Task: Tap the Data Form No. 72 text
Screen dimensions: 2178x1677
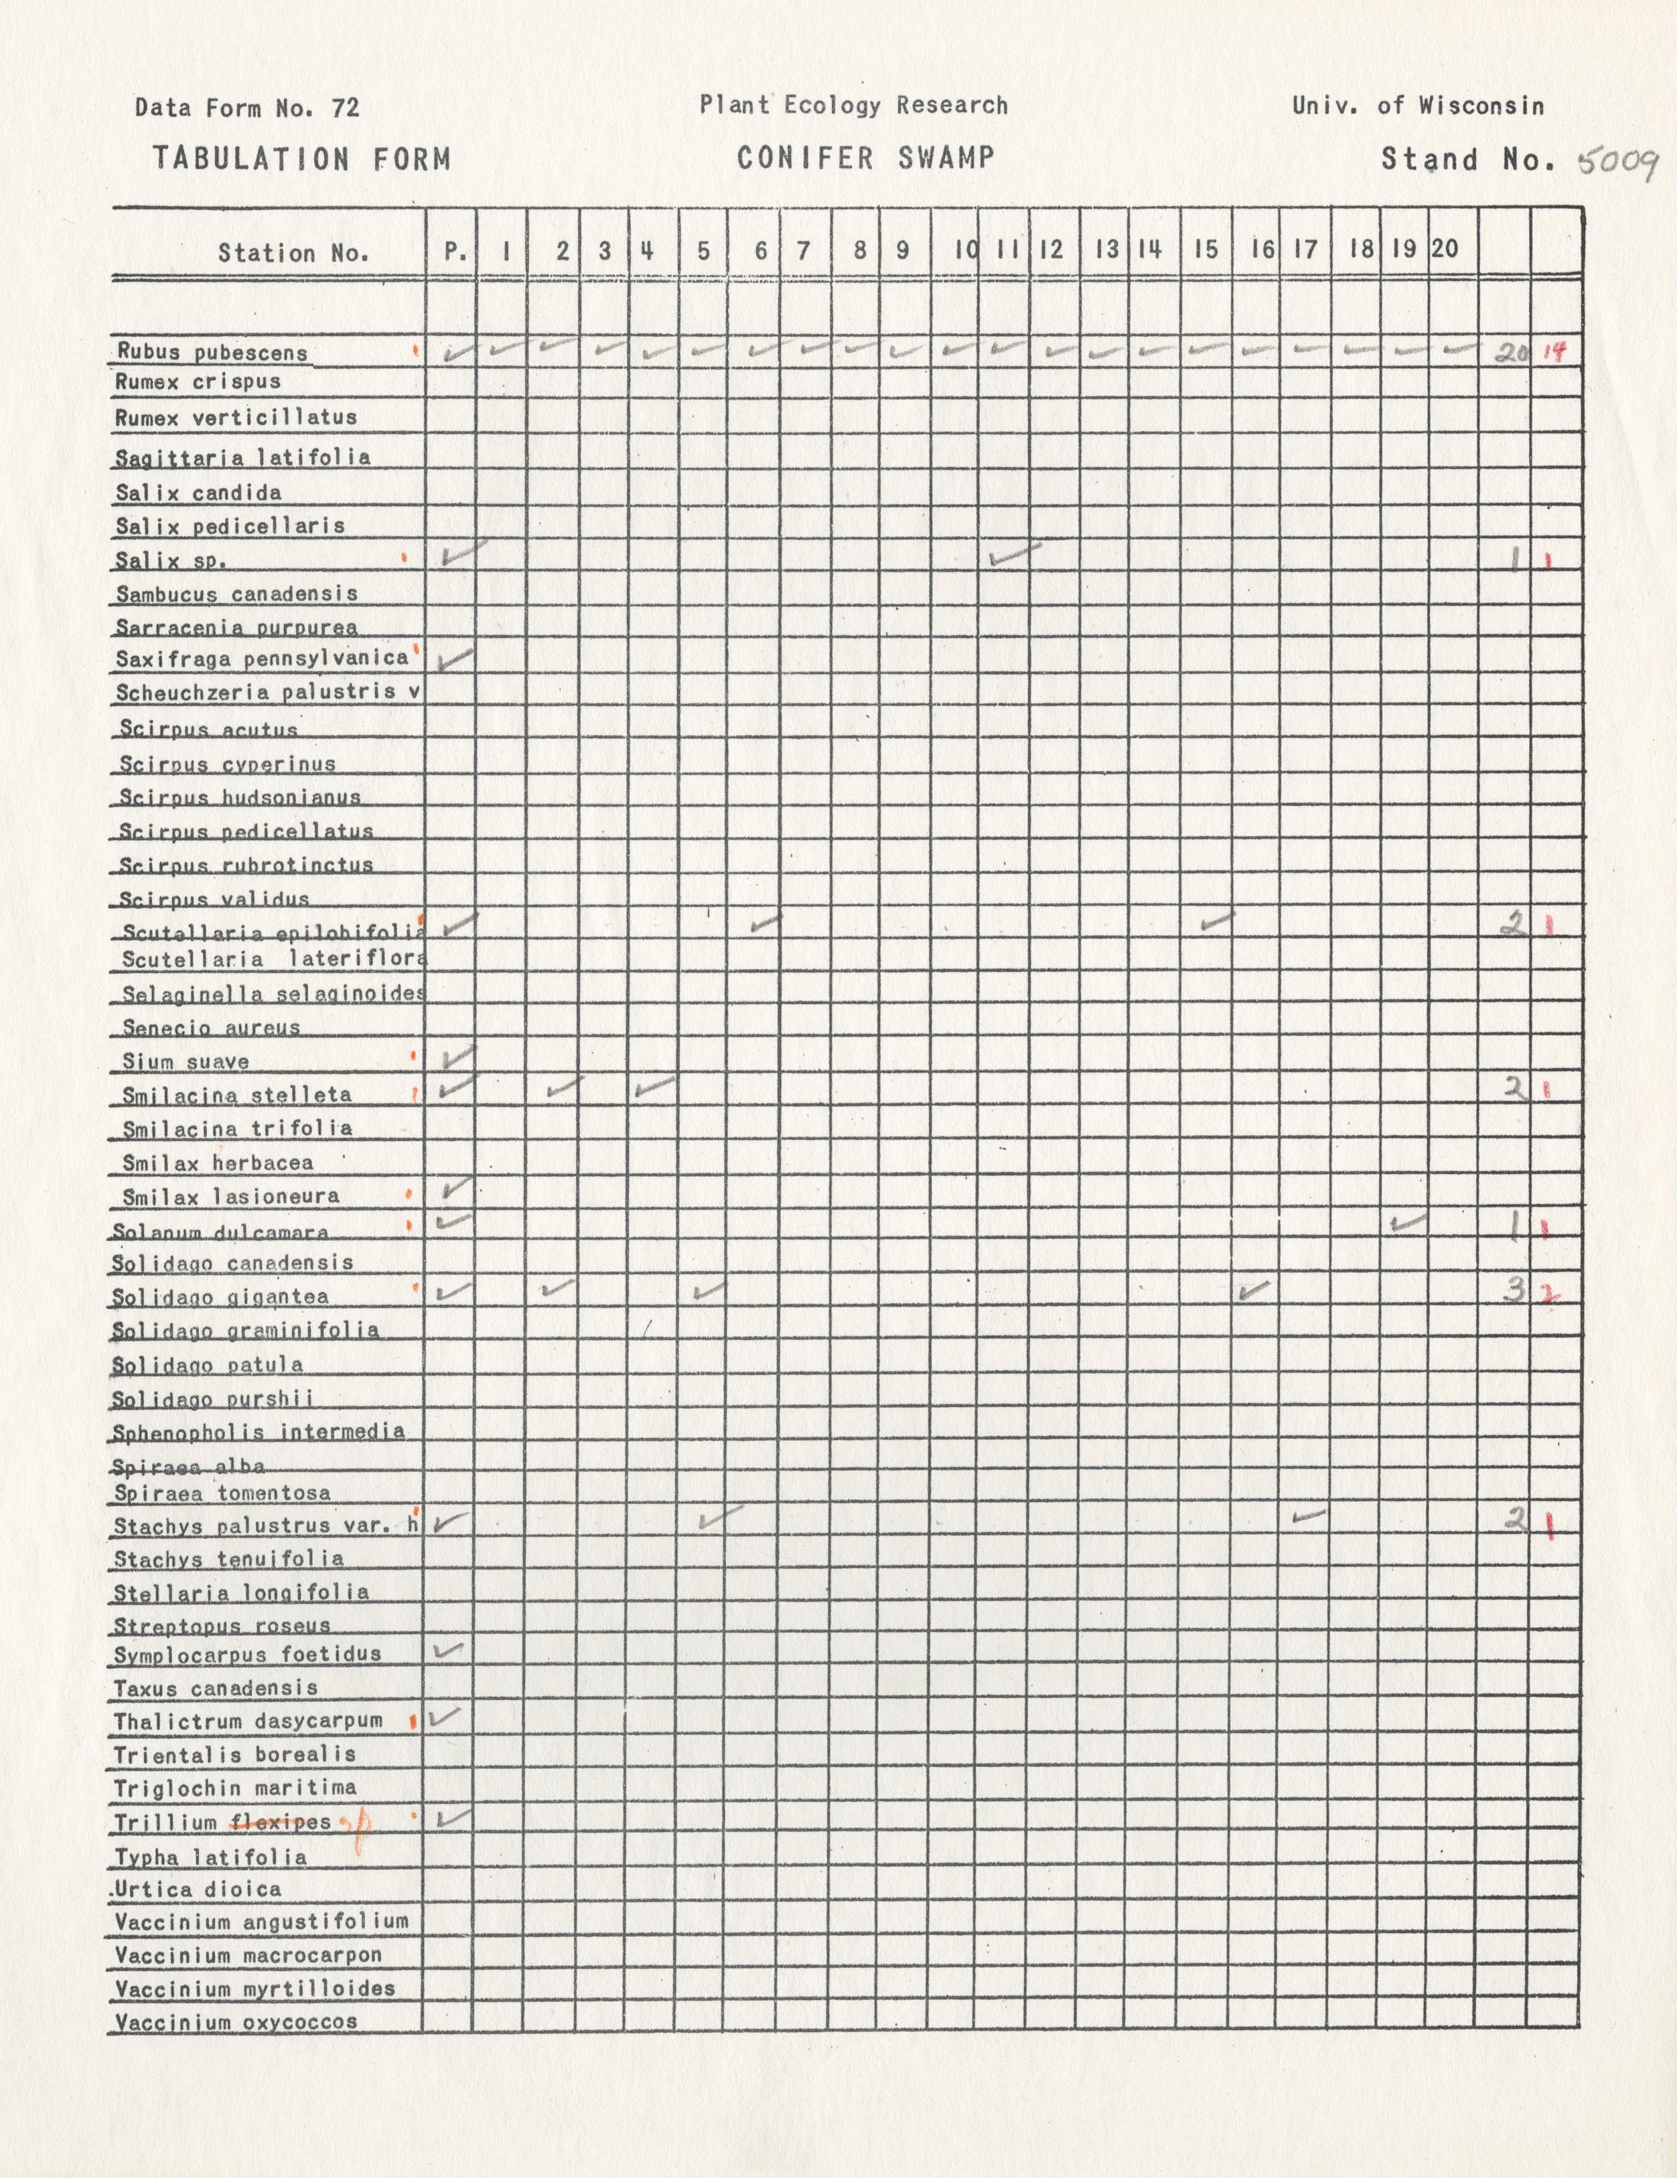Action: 246,108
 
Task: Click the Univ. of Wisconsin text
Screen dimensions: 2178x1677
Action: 1418,106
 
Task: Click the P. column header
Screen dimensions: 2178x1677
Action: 454,251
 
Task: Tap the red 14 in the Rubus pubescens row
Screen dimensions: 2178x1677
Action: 1553,351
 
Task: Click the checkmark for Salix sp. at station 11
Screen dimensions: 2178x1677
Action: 1013,554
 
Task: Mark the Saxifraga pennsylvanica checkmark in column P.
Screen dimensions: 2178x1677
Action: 455,658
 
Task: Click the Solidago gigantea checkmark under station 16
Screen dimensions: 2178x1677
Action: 1253,1291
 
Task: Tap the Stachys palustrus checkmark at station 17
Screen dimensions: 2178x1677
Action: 1308,1516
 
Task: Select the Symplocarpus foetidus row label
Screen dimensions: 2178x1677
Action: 247,1655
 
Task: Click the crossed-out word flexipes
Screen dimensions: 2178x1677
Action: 281,1822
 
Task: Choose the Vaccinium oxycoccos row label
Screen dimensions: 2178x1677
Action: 236,2023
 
